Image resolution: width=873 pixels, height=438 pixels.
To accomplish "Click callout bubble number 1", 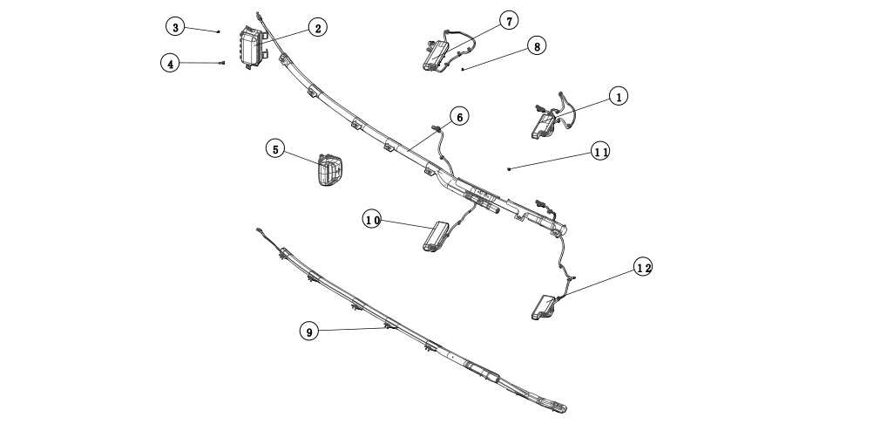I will (618, 97).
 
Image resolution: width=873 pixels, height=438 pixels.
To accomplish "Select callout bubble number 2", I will (317, 28).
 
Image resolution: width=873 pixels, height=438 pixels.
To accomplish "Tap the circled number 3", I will (176, 27).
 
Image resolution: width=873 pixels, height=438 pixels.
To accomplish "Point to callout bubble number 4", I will (172, 63).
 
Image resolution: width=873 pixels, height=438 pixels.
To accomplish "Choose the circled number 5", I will (275, 149).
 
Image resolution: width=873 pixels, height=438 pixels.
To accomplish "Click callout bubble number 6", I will (459, 115).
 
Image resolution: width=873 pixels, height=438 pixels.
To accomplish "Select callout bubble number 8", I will (536, 45).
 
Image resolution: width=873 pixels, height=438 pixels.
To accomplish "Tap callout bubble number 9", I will (308, 331).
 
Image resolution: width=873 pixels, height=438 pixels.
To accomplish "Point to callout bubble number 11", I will (600, 151).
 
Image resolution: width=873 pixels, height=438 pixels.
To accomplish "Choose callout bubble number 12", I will (643, 267).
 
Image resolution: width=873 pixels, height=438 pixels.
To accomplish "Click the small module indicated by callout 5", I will (329, 169).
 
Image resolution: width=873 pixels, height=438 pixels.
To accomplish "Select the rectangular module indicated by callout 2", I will (251, 50).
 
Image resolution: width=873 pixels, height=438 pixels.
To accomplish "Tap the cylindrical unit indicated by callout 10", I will (435, 237).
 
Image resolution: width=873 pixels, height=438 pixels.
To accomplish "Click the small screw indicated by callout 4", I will (223, 63).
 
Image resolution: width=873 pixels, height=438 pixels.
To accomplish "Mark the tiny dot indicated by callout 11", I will (509, 168).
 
